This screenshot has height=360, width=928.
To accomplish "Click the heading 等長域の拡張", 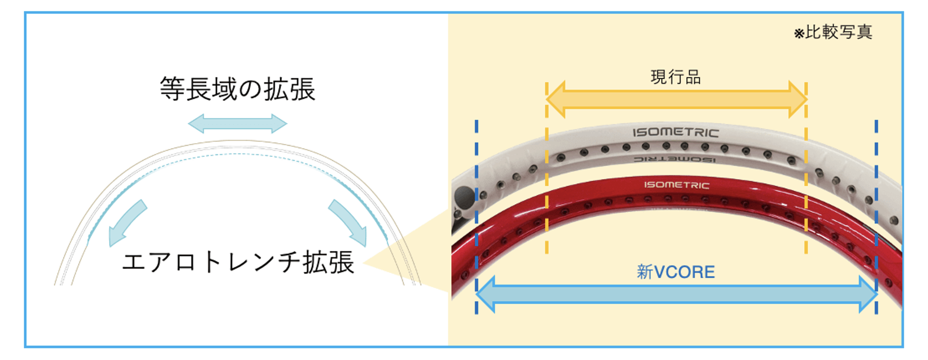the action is click(x=238, y=89).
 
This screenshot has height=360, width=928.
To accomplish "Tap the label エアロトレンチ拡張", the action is click(x=238, y=262).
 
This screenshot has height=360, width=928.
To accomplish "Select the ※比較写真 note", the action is click(x=833, y=32).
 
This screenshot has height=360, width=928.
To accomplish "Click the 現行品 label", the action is click(x=675, y=77).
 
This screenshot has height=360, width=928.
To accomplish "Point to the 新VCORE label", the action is click(x=676, y=272).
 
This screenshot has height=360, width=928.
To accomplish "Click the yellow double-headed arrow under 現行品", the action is click(x=676, y=100).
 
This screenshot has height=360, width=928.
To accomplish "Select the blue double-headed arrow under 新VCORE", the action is click(x=676, y=294).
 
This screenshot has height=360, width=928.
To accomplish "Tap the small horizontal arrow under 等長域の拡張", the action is click(x=238, y=123).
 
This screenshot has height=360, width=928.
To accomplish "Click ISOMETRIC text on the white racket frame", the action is click(x=676, y=132).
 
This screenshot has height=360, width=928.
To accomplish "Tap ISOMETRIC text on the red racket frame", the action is click(x=676, y=185).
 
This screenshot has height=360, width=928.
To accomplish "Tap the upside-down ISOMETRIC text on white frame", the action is click(x=675, y=159).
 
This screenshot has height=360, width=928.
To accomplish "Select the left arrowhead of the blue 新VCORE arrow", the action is click(x=485, y=294).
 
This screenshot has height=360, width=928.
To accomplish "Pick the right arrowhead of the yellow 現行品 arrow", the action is click(x=798, y=100).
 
